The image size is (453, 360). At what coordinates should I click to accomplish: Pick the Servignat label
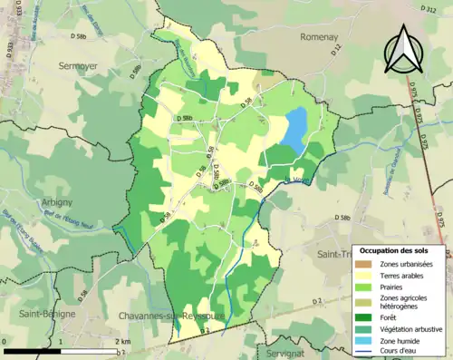click(x=288, y=351)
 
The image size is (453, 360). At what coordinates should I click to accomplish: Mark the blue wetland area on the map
click(x=294, y=130)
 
